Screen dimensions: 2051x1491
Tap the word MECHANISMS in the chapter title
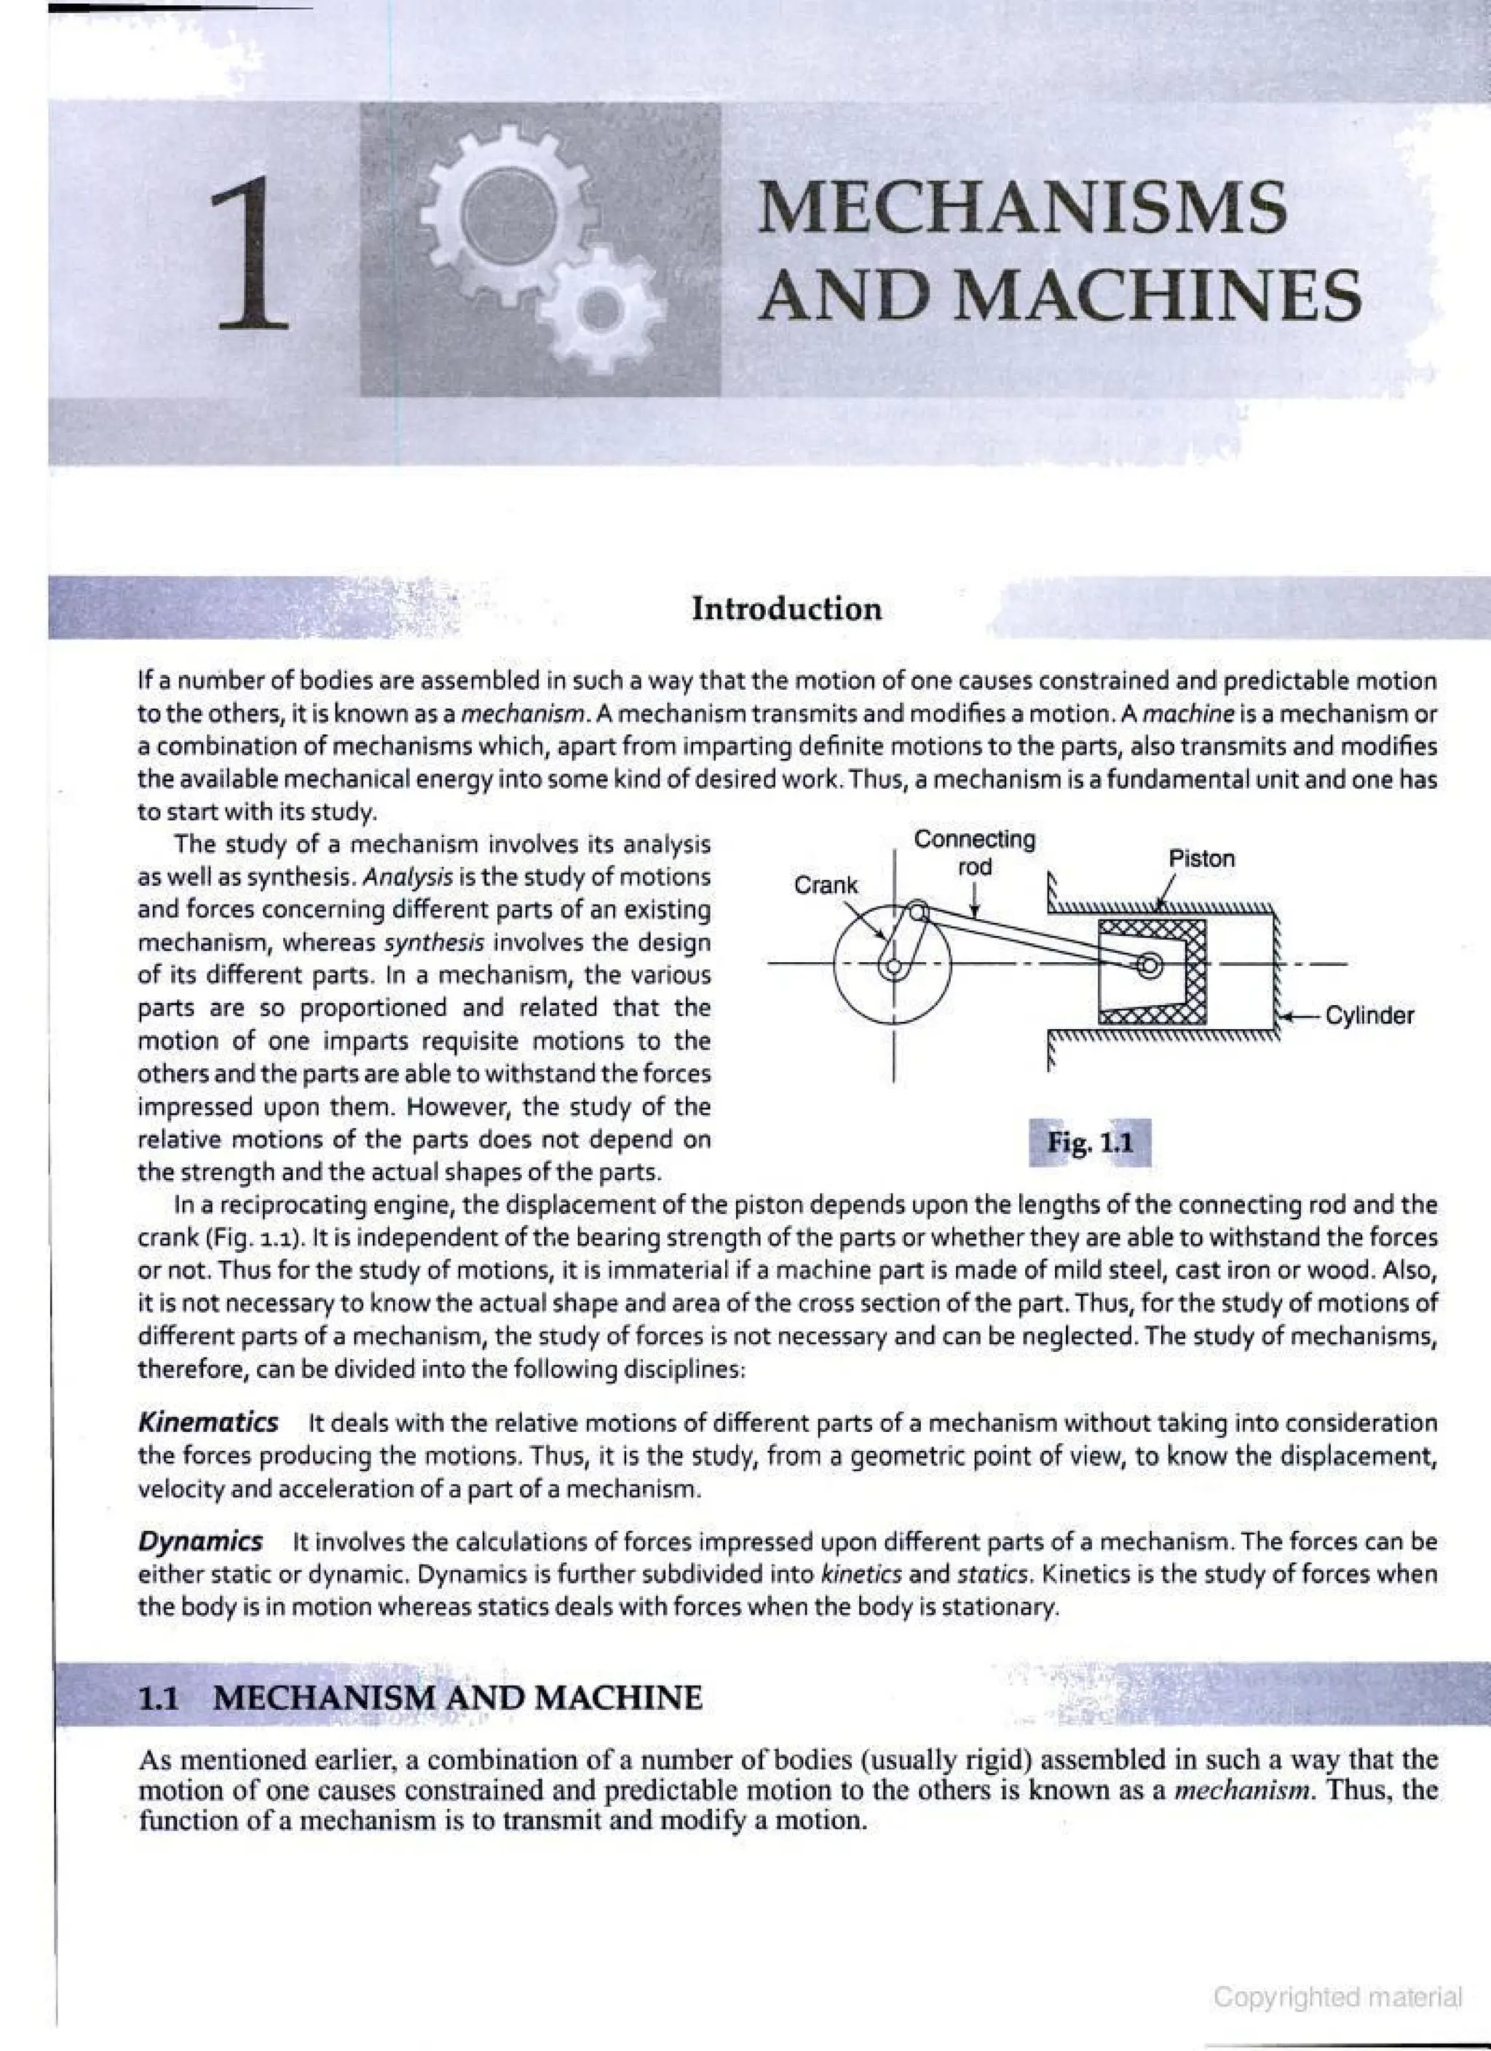(1021, 206)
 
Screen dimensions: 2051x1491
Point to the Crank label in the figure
(826, 886)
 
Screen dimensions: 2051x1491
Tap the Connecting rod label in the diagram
(975, 852)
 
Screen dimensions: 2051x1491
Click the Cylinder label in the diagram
(1369, 1015)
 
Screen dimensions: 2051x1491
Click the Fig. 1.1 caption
(1090, 1143)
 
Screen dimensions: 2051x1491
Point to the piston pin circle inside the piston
(1150, 966)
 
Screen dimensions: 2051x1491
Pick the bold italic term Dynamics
(199, 1540)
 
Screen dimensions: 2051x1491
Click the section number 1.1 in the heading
(160, 1698)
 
